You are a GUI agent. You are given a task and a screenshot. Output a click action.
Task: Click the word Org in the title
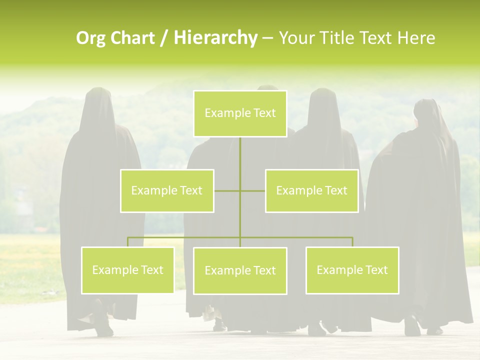(x=90, y=38)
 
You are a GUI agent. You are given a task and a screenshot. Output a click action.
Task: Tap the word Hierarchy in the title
(x=215, y=38)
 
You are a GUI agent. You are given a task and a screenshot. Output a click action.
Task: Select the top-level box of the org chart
(x=240, y=113)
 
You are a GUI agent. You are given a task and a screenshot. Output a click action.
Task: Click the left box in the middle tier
(x=167, y=190)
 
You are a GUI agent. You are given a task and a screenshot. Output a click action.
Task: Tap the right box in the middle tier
(x=311, y=190)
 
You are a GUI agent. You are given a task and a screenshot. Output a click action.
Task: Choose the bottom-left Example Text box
(x=127, y=270)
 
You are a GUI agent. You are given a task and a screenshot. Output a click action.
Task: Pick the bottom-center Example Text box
(x=240, y=271)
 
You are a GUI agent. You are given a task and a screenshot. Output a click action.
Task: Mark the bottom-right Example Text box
(x=352, y=270)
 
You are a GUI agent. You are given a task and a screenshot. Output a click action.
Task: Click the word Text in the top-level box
(x=264, y=113)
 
